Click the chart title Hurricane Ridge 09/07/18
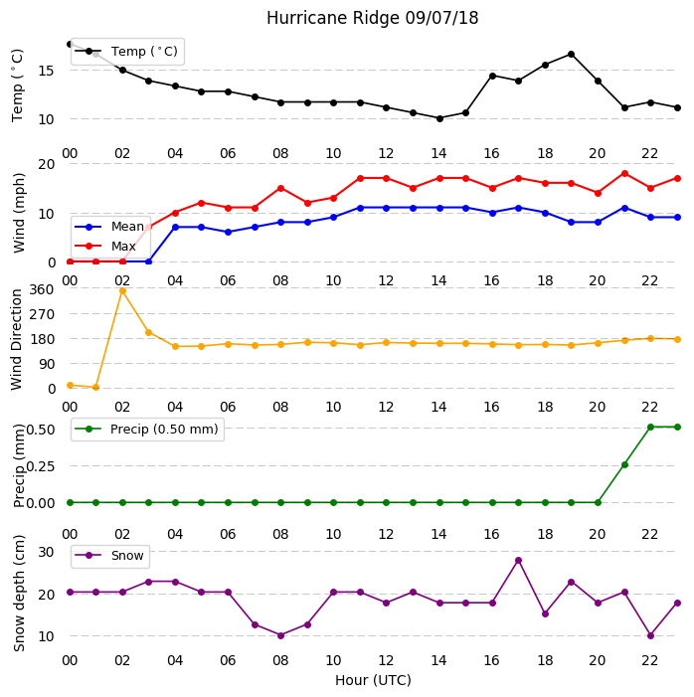372,18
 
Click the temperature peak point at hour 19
572,55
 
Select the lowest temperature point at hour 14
439,118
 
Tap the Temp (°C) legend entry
126,51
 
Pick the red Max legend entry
105,246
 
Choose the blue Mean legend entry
109,227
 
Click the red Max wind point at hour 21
624,173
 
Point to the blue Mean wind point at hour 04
175,227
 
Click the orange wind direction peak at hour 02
122,291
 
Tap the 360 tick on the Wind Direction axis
42,289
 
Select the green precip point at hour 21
624,464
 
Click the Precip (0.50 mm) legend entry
147,429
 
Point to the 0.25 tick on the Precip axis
41,466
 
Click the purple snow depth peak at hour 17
518,561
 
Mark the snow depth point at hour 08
280,635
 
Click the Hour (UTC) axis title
373,680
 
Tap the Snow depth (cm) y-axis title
19,594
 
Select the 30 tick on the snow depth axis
47,552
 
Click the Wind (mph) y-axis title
19,213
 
